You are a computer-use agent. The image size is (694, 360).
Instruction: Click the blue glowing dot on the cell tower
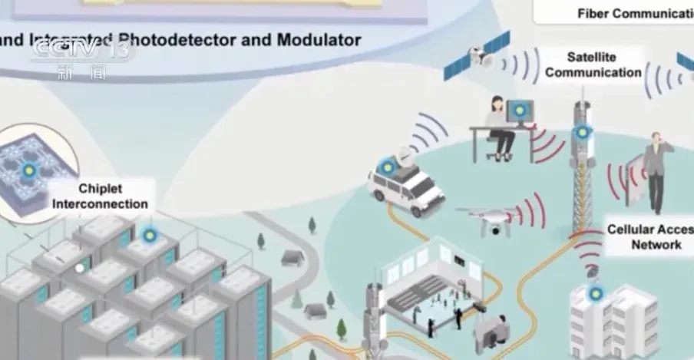pyautogui.click(x=581, y=132)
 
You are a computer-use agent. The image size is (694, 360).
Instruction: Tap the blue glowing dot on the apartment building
pyautogui.click(x=595, y=292)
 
